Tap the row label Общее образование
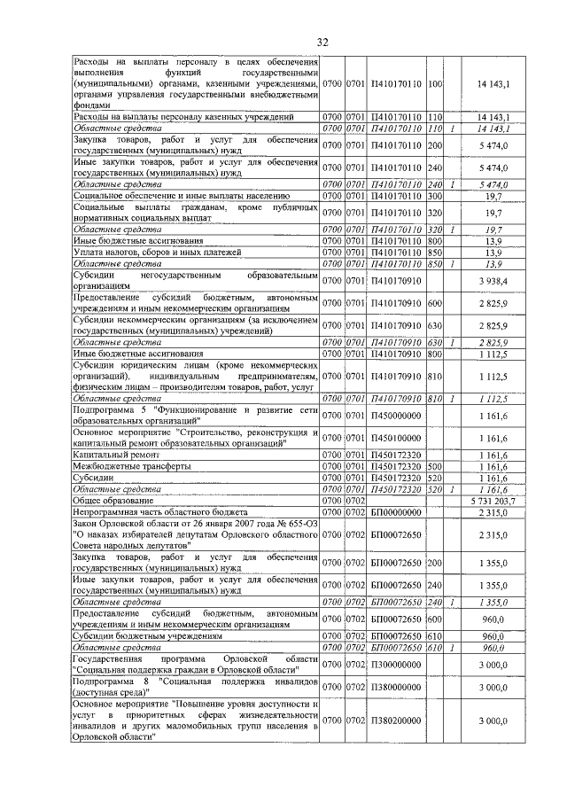pos(113,501)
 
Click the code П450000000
pos(396,415)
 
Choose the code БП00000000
pos(396,512)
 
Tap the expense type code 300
pos(435,196)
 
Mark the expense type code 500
pos(435,465)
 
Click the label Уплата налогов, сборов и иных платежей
pos(157,253)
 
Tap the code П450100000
pos(396,438)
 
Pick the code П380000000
pos(396,688)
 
